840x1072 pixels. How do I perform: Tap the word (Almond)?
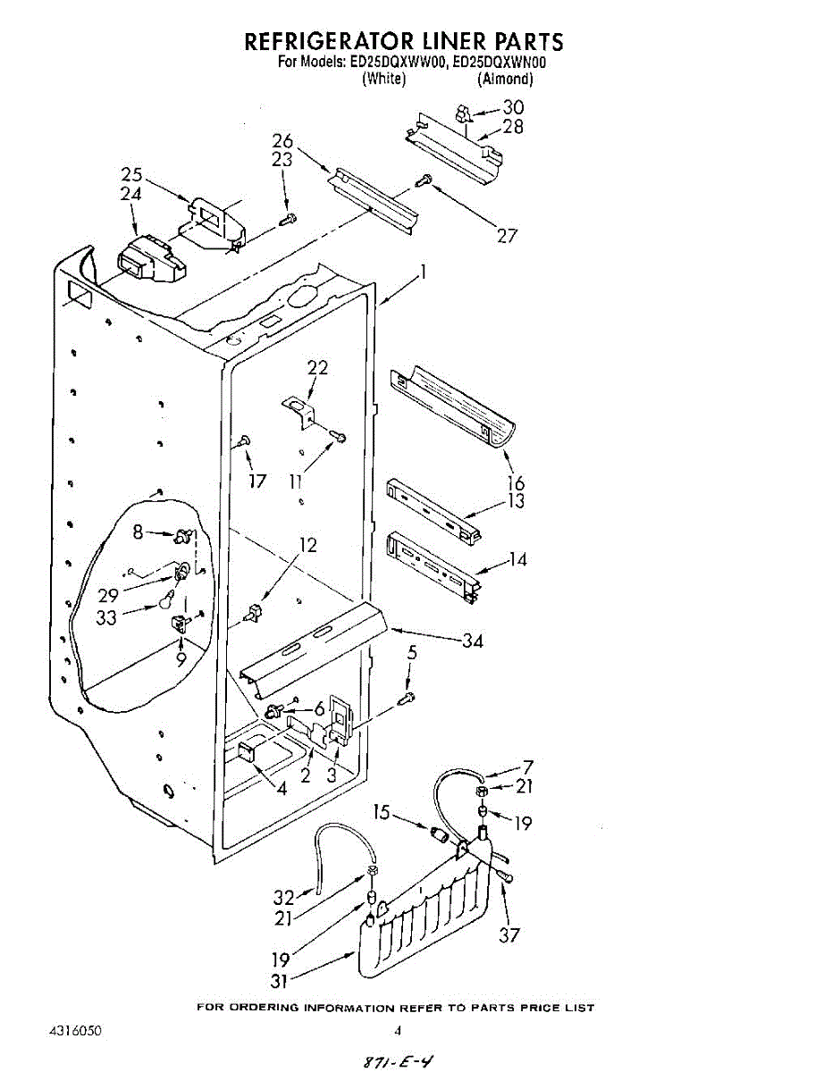(505, 80)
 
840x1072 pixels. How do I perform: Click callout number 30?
(513, 107)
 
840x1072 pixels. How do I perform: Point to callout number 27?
(507, 237)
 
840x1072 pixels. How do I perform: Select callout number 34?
(473, 641)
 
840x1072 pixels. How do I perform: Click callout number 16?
(516, 483)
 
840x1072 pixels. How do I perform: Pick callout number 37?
(511, 935)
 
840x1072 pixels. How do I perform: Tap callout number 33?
(107, 616)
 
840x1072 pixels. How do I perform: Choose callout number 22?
(317, 367)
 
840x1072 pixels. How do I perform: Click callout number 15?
(382, 813)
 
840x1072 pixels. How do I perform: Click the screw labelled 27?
(424, 181)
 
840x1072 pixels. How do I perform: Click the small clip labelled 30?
(463, 113)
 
